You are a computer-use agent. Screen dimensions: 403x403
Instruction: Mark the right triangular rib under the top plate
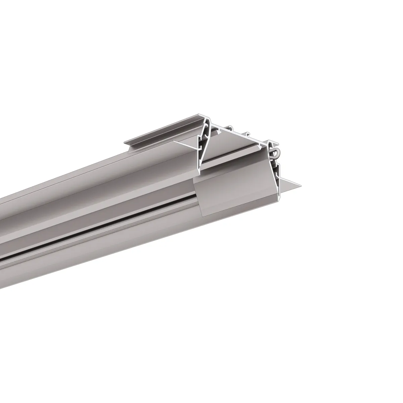(x=261, y=145)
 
